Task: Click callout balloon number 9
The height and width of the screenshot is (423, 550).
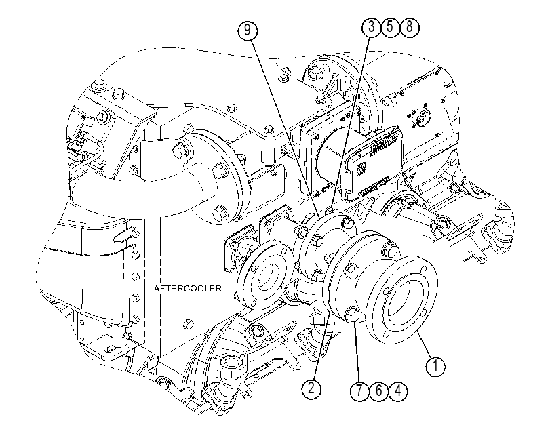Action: (248, 30)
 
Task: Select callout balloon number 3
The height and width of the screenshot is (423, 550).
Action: (372, 27)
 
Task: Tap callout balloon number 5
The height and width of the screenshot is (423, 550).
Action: (391, 27)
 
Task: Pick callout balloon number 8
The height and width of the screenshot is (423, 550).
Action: (410, 27)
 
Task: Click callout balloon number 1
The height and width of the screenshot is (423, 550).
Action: (435, 366)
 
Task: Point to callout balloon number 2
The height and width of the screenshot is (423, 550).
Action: (311, 388)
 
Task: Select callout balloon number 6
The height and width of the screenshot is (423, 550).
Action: (379, 390)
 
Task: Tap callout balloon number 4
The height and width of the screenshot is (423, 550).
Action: (398, 390)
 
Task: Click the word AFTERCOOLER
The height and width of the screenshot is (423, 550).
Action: (188, 288)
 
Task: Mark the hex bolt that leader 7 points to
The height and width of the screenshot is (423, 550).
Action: (352, 313)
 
